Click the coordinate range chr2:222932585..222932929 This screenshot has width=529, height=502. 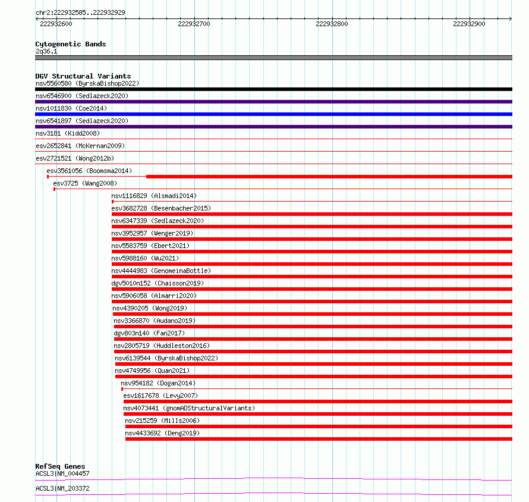click(x=80, y=12)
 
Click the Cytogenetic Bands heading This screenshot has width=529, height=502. click(x=70, y=44)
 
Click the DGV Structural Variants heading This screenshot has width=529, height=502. click(x=83, y=76)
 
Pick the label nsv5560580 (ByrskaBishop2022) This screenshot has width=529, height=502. click(x=87, y=83)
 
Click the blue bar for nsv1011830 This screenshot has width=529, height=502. click(x=273, y=114)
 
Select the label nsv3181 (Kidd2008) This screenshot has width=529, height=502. click(x=68, y=133)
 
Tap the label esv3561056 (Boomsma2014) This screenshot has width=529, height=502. click(x=89, y=171)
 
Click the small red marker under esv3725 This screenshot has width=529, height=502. click(x=54, y=189)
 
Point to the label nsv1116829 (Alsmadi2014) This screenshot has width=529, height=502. click(x=154, y=196)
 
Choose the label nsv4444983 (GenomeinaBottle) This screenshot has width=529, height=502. click(x=160, y=271)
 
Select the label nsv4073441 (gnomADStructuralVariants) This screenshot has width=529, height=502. click(x=189, y=408)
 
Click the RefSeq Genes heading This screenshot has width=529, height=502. click(x=60, y=466)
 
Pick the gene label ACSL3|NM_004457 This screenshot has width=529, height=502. click(x=62, y=473)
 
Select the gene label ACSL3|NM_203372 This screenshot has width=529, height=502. click(x=62, y=488)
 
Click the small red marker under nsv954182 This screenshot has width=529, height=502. click(x=122, y=389)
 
